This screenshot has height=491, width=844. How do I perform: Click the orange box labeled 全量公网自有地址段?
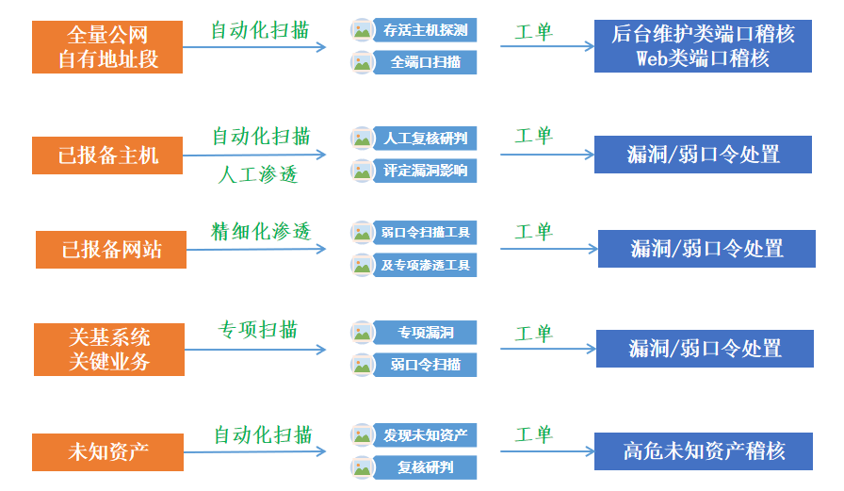click(x=107, y=47)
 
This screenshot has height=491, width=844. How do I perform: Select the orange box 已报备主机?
click(x=107, y=155)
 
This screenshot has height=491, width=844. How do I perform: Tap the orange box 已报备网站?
click(x=111, y=249)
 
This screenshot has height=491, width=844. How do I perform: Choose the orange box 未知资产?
click(x=107, y=451)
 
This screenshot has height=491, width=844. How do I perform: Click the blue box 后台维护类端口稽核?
click(x=703, y=46)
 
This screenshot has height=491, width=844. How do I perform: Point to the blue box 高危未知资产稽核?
click(x=703, y=450)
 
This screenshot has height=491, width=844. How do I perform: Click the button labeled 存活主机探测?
click(x=424, y=30)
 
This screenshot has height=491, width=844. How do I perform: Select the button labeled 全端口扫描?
click(x=424, y=62)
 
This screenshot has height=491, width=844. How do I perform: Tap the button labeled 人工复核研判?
click(x=424, y=139)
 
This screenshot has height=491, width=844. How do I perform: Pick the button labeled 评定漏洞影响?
click(x=424, y=171)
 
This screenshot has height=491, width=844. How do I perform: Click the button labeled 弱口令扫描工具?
click(x=424, y=232)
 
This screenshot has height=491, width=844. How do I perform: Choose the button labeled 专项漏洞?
click(x=424, y=333)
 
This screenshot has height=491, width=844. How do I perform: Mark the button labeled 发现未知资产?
click(x=424, y=435)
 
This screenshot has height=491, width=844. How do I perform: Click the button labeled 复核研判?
click(x=424, y=467)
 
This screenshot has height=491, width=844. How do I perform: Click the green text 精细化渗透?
click(x=261, y=231)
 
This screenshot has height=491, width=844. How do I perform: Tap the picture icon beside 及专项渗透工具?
click(x=363, y=265)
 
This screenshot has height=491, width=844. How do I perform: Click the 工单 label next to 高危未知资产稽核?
click(x=533, y=434)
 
